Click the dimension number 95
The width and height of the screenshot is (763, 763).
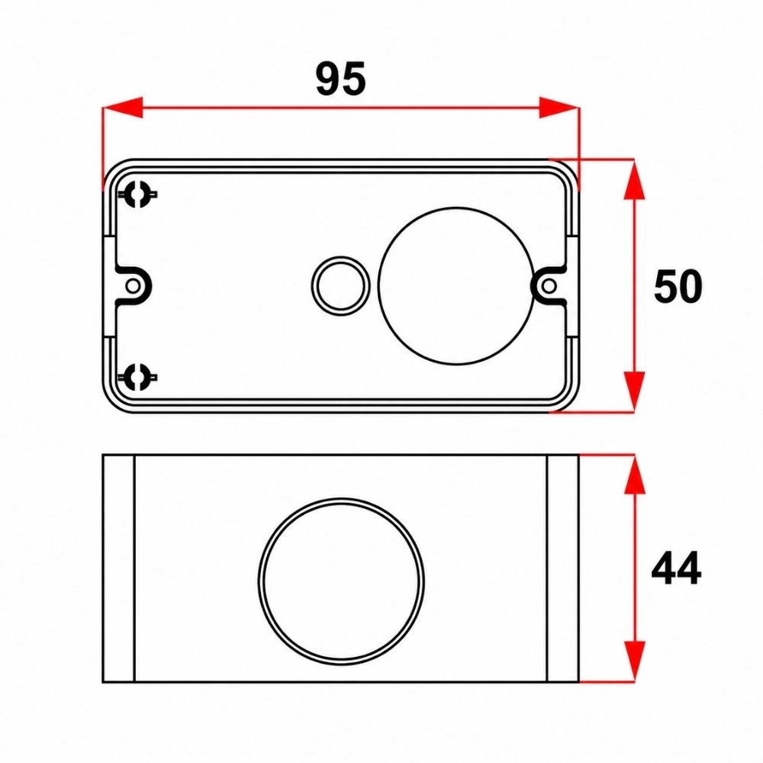[340, 79]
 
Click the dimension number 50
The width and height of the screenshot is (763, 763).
[678, 286]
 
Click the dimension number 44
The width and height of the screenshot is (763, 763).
[676, 568]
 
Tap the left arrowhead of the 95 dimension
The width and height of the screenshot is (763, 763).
[123, 107]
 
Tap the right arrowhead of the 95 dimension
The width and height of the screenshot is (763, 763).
[559, 107]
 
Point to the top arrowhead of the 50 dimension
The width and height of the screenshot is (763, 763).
[634, 179]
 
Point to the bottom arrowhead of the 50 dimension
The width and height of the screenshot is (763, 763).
[634, 391]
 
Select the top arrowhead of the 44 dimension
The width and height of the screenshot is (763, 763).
[634, 475]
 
